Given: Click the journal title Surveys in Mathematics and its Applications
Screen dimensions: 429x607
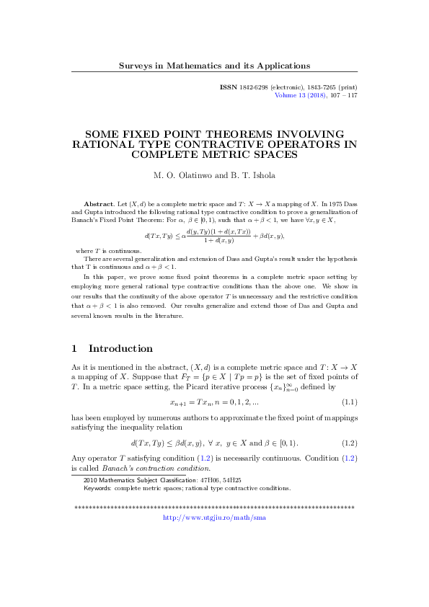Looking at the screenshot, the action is (214, 66).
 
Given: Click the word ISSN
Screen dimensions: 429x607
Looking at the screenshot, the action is (229, 87).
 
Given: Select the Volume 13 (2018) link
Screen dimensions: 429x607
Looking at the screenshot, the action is (301, 95).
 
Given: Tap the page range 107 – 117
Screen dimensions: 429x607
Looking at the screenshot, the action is (342, 95).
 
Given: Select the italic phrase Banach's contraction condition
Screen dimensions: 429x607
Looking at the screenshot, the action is (138, 468).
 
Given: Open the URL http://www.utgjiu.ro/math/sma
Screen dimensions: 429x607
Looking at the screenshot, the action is (214, 517).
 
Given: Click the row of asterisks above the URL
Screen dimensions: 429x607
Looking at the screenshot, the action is (214, 508).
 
